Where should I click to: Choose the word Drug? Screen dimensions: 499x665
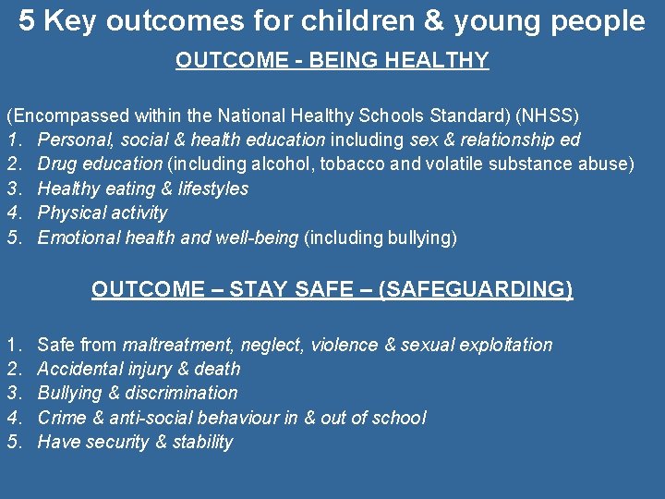57,164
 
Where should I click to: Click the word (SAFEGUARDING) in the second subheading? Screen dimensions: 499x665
476,290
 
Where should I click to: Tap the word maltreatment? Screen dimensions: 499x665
178,345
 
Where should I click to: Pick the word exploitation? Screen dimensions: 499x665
504,345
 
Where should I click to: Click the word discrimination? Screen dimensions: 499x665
183,393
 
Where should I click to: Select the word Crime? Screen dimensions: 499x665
62,418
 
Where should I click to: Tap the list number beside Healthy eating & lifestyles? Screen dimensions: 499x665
14,189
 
